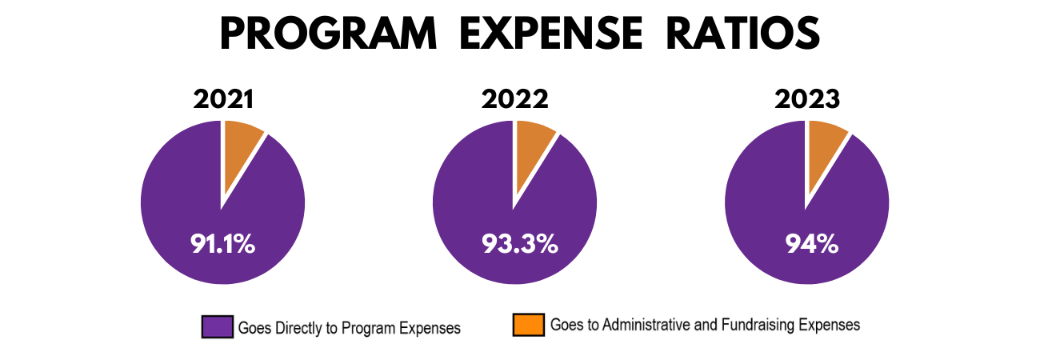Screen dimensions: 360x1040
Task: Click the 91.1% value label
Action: pos(222,243)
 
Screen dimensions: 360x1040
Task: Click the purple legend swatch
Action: pos(217,326)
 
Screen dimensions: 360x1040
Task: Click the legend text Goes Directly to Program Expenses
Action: pos(349,327)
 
